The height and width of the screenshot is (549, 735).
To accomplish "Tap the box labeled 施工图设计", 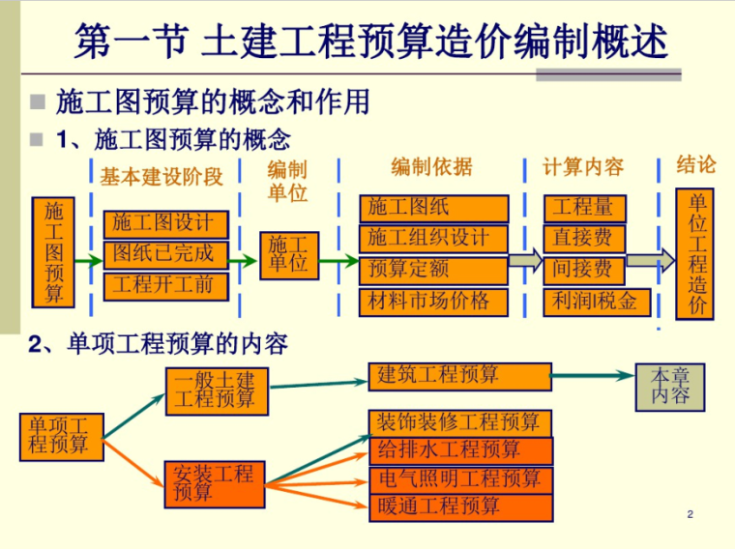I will point(164,223).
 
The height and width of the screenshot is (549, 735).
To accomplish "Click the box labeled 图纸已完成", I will point(164,254).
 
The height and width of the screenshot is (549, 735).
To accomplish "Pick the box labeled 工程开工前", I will point(164,285).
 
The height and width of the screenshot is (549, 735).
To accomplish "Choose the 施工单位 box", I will point(288,255).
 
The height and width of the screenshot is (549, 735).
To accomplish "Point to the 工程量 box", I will point(584,208).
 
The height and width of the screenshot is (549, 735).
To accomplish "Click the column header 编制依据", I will point(431,167).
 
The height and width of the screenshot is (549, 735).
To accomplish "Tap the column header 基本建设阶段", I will point(161,176).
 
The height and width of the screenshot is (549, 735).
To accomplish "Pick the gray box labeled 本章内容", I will point(670,387).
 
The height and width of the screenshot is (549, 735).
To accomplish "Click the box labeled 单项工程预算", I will point(60,436).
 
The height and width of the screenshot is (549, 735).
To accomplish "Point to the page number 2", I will point(690,514).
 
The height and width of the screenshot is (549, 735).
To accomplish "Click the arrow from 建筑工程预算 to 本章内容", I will point(592,376).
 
